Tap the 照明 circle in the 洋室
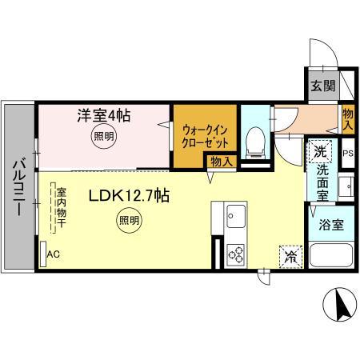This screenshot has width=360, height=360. click(x=102, y=137)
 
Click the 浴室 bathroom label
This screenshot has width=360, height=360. click(x=333, y=225)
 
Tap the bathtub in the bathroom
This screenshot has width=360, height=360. click(x=332, y=258)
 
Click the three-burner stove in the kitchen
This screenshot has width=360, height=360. click(x=236, y=254)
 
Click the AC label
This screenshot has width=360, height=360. click(x=54, y=254)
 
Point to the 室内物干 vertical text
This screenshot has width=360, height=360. click(x=61, y=207)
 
